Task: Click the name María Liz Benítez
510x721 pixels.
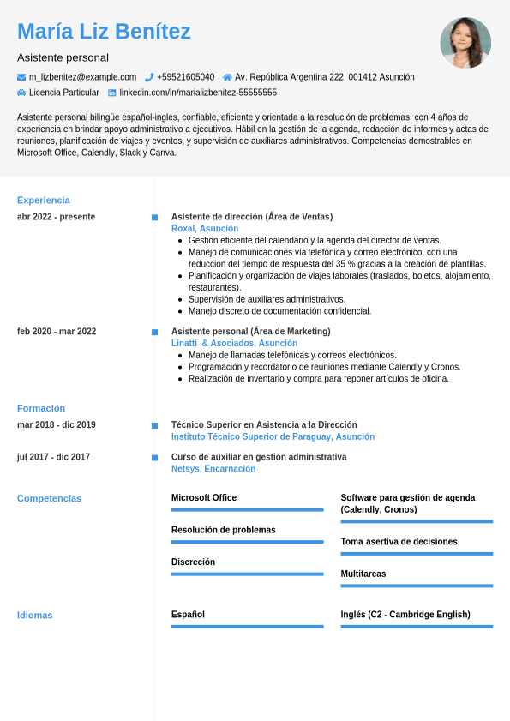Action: tap(104, 32)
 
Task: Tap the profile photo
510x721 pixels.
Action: tap(465, 43)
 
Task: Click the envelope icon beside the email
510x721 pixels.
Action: tap(21, 77)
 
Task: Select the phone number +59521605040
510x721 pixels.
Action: tap(186, 77)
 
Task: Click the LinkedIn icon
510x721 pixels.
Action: tap(111, 93)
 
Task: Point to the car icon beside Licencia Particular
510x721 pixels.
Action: tap(21, 93)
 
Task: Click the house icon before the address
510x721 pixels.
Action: tap(227, 77)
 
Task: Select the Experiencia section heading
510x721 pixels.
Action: tap(44, 200)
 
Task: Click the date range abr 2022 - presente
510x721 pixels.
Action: tap(56, 217)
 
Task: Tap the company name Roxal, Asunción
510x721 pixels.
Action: tap(205, 229)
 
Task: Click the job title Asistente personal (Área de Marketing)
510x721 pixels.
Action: tap(250, 332)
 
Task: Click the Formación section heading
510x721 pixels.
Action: tap(41, 408)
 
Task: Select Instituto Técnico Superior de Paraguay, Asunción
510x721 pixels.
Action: tap(273, 436)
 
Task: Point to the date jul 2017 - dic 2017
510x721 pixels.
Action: tap(53, 457)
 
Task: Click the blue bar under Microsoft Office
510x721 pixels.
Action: tap(247, 510)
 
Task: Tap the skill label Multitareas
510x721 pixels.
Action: tap(363, 574)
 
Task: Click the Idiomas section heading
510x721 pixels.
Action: tap(35, 615)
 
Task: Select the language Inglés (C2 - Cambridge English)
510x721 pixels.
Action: tap(405, 615)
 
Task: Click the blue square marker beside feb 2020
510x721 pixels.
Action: tap(154, 332)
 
